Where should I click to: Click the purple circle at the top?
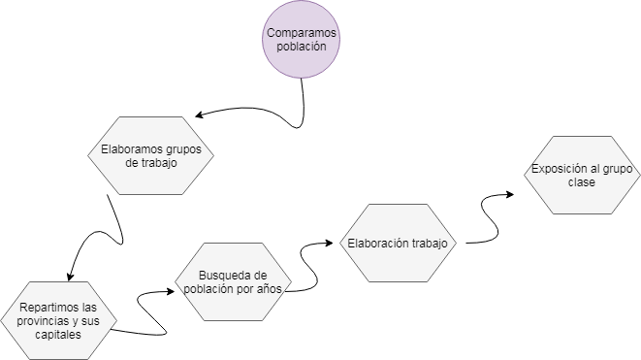[302, 40]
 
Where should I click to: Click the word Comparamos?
[303, 33]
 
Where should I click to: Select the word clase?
[581, 183]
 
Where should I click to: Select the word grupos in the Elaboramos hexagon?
[188, 150]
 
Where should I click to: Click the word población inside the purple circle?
[303, 47]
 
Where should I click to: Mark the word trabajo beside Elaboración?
[430, 243]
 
